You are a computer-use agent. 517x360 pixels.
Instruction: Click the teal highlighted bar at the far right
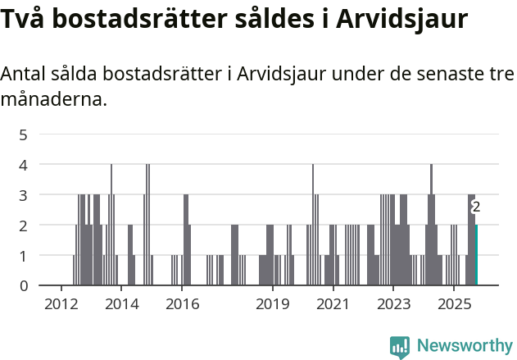476,255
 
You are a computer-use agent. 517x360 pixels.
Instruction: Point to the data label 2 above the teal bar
476,207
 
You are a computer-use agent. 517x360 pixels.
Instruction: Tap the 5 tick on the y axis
23,134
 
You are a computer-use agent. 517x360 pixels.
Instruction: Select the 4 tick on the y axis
23,165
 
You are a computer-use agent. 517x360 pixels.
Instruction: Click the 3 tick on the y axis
23,195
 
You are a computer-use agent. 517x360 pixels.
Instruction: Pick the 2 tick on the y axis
23,226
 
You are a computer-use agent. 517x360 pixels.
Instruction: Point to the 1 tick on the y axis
23,256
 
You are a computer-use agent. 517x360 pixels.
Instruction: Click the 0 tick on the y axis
23,286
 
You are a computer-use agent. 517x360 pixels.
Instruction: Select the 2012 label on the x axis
61,305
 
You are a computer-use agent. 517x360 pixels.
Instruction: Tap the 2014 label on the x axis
121,305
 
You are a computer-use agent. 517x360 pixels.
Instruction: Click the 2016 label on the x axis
182,305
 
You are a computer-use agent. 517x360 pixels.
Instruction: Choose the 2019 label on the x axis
273,305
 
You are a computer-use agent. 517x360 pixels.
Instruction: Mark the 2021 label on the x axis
333,305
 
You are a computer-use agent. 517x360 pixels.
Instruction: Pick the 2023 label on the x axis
393,305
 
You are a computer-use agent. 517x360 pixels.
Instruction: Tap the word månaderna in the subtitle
53,100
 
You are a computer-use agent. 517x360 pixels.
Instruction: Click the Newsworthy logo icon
400,347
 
